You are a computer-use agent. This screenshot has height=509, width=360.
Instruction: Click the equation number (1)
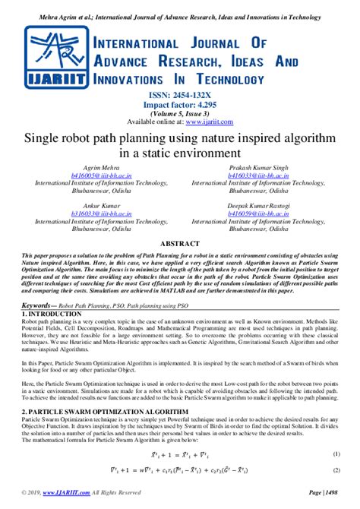click(336, 454)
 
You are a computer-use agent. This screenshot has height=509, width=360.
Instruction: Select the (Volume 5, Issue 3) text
click(180, 112)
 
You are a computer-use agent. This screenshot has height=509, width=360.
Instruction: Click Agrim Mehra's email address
click(106, 174)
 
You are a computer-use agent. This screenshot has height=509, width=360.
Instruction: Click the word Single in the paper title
click(47, 140)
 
